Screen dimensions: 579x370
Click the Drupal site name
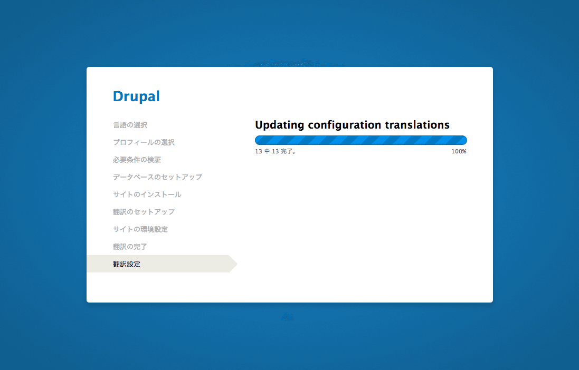pyautogui.click(x=136, y=96)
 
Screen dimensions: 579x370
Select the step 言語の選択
pyautogui.click(x=130, y=125)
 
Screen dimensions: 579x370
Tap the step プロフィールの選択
pyautogui.click(x=144, y=142)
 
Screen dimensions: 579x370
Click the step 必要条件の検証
pyautogui.click(x=137, y=160)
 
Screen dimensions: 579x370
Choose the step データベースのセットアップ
pyautogui.click(x=157, y=177)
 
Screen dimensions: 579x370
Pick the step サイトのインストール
pyautogui.click(x=147, y=194)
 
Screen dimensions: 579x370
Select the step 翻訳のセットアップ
pyautogui.click(x=144, y=212)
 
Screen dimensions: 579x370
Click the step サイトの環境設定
pyautogui.click(x=140, y=229)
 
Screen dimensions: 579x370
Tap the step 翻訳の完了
pyautogui.click(x=130, y=247)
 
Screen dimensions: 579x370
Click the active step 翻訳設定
pyautogui.click(x=127, y=264)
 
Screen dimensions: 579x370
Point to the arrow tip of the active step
pyautogui.click(x=237, y=264)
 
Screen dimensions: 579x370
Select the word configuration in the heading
pyautogui.click(x=344, y=125)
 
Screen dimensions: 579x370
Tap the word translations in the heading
pyautogui.click(x=417, y=125)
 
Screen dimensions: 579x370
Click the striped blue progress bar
pyautogui.click(x=361, y=140)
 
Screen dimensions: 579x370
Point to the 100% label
pyautogui.click(x=459, y=152)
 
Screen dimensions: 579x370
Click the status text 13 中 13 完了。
pyautogui.click(x=276, y=152)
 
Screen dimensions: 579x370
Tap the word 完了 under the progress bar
pyautogui.click(x=287, y=152)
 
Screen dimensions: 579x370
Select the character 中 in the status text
pyautogui.click(x=267, y=152)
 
